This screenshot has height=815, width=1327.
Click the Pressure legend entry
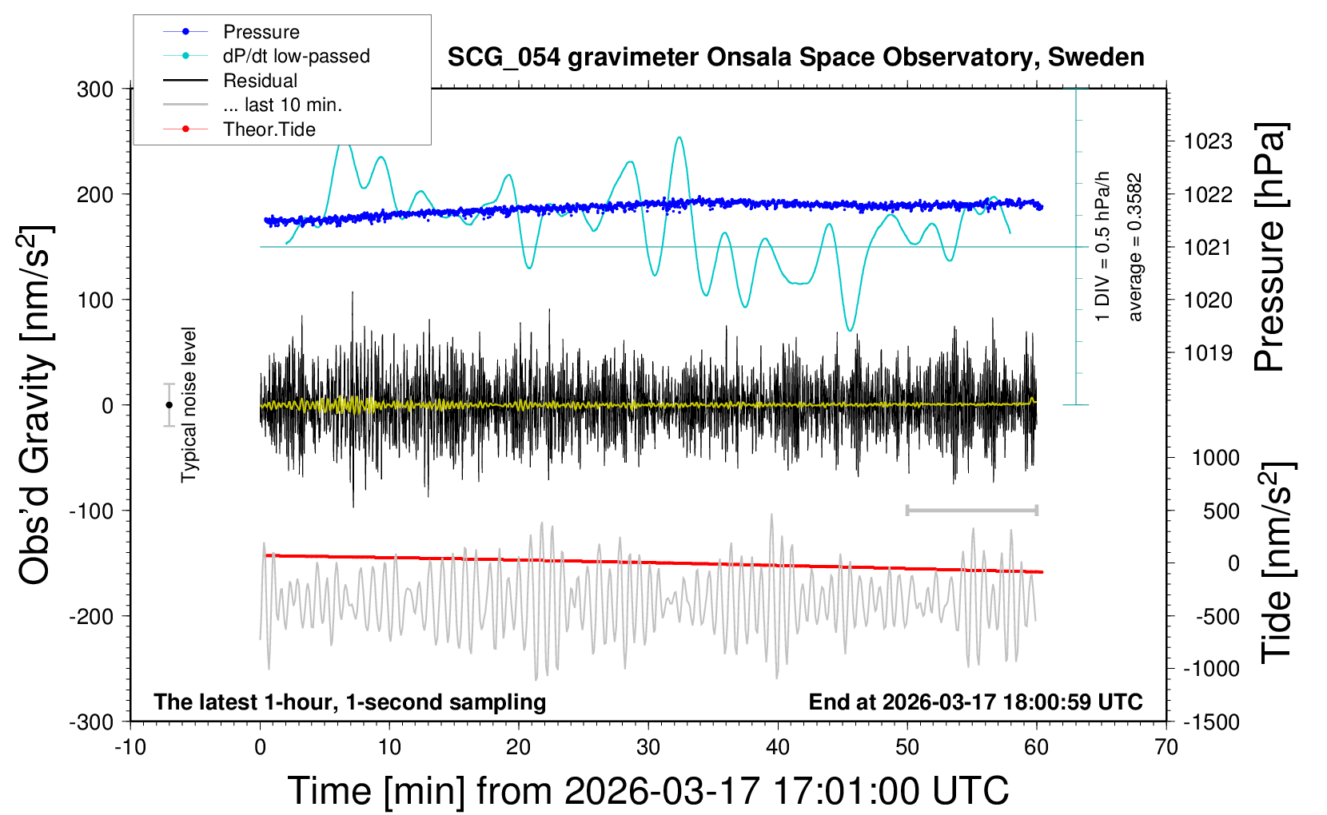pyautogui.click(x=261, y=32)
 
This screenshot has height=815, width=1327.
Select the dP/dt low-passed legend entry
pyautogui.click(x=296, y=56)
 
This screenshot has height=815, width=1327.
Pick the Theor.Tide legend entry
pyautogui.click(x=269, y=129)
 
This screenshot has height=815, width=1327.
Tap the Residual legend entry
pyautogui.click(x=260, y=81)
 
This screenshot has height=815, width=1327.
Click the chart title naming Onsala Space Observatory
pyautogui.click(x=795, y=58)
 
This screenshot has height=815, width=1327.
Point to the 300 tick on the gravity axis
pyautogui.click(x=95, y=89)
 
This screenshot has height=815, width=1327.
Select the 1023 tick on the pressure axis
pyautogui.click(x=1208, y=142)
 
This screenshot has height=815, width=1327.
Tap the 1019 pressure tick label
pyautogui.click(x=1208, y=353)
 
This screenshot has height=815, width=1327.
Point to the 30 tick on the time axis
pyautogui.click(x=648, y=748)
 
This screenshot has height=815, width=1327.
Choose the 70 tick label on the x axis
pyautogui.click(x=1166, y=748)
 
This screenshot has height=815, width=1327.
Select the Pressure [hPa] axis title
pyautogui.click(x=1269, y=247)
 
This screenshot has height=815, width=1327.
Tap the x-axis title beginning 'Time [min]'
pyautogui.click(x=648, y=791)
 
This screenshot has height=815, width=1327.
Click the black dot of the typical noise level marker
pyautogui.click(x=169, y=405)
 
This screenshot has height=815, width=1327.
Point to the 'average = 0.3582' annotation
pyautogui.click(x=1135, y=248)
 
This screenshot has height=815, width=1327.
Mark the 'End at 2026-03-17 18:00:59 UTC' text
pyautogui.click(x=975, y=702)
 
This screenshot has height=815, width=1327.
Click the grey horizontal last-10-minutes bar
pyautogui.click(x=971, y=510)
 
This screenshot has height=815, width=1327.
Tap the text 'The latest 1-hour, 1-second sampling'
pyautogui.click(x=350, y=702)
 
